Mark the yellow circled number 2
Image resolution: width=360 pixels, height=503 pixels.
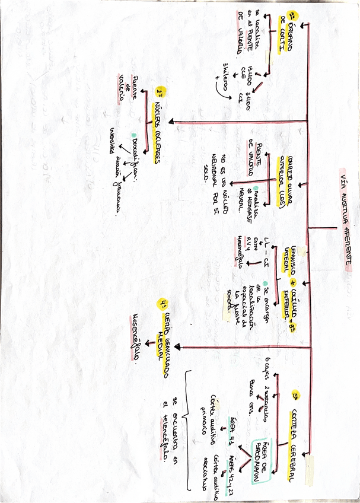click(x=160, y=93)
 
